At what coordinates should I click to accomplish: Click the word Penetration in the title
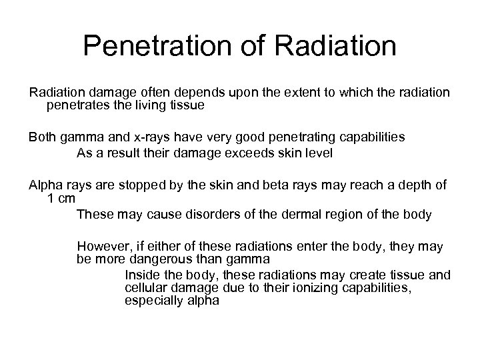pos(161,46)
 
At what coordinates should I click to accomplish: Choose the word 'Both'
pos(42,137)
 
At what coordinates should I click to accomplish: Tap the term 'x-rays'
pos(151,137)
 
